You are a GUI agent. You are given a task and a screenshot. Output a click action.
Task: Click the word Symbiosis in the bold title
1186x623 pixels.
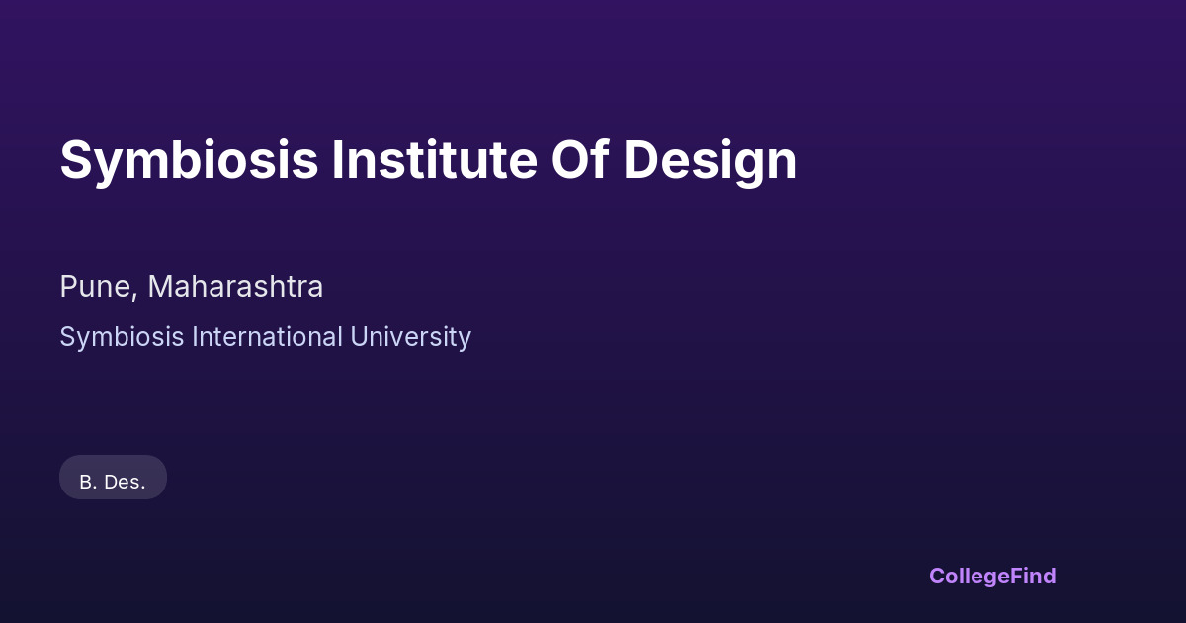coord(189,161)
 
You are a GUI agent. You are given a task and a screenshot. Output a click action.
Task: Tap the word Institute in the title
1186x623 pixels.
coord(435,159)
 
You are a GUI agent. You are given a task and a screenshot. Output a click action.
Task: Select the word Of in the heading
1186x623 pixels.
coord(580,159)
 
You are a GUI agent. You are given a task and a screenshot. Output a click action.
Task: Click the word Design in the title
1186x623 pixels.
coord(710,161)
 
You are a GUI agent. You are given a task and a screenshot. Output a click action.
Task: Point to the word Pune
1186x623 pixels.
coord(95,287)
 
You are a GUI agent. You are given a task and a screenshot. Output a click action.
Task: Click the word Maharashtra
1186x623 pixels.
coord(235,287)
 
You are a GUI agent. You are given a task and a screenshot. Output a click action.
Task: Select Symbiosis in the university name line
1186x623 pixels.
coord(122,337)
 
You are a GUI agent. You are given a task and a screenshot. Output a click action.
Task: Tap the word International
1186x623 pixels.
coord(267,336)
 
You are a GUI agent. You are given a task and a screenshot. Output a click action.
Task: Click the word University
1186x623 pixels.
coord(410,337)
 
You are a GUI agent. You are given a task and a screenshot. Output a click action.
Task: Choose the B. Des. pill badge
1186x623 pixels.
coord(113,478)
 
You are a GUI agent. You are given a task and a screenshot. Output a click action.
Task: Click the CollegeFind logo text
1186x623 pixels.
coord(992,577)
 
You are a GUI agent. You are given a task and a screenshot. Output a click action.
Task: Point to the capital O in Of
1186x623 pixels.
coord(571,159)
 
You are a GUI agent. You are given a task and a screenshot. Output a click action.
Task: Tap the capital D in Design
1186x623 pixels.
coord(640,159)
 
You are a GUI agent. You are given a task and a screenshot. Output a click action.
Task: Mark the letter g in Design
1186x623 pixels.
coord(743,167)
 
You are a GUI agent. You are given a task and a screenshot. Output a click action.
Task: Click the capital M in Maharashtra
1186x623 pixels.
coord(160,287)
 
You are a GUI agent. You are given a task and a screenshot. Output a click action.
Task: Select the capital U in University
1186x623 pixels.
coord(360,337)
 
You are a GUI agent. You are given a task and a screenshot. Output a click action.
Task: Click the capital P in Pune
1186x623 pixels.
coord(68,287)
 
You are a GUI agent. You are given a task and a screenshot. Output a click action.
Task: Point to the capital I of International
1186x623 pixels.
coord(195,336)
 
